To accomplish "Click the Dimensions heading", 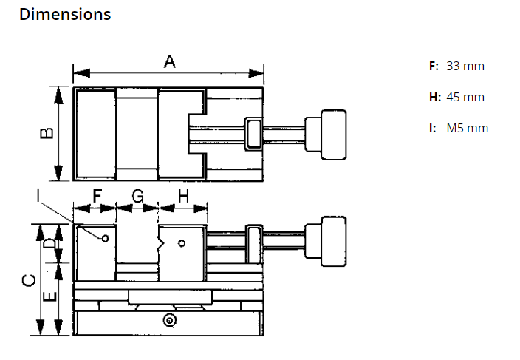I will [x=65, y=14].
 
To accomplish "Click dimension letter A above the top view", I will [x=169, y=63].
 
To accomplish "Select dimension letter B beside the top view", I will [x=47, y=133].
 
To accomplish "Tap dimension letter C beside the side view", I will [x=27, y=280].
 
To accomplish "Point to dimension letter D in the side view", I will [x=48, y=244].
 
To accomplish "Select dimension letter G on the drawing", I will [x=138, y=196].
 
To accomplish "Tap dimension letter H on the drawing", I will [x=183, y=196].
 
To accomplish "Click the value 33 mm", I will [x=465, y=66].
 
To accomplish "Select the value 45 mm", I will [x=465, y=97].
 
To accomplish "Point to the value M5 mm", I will [x=468, y=128].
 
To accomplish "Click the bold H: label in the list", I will [x=435, y=97].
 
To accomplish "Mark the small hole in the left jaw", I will [x=106, y=238].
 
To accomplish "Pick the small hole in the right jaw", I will [x=182, y=242].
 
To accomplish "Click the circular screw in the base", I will [x=171, y=320].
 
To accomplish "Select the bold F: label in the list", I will [x=434, y=66].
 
